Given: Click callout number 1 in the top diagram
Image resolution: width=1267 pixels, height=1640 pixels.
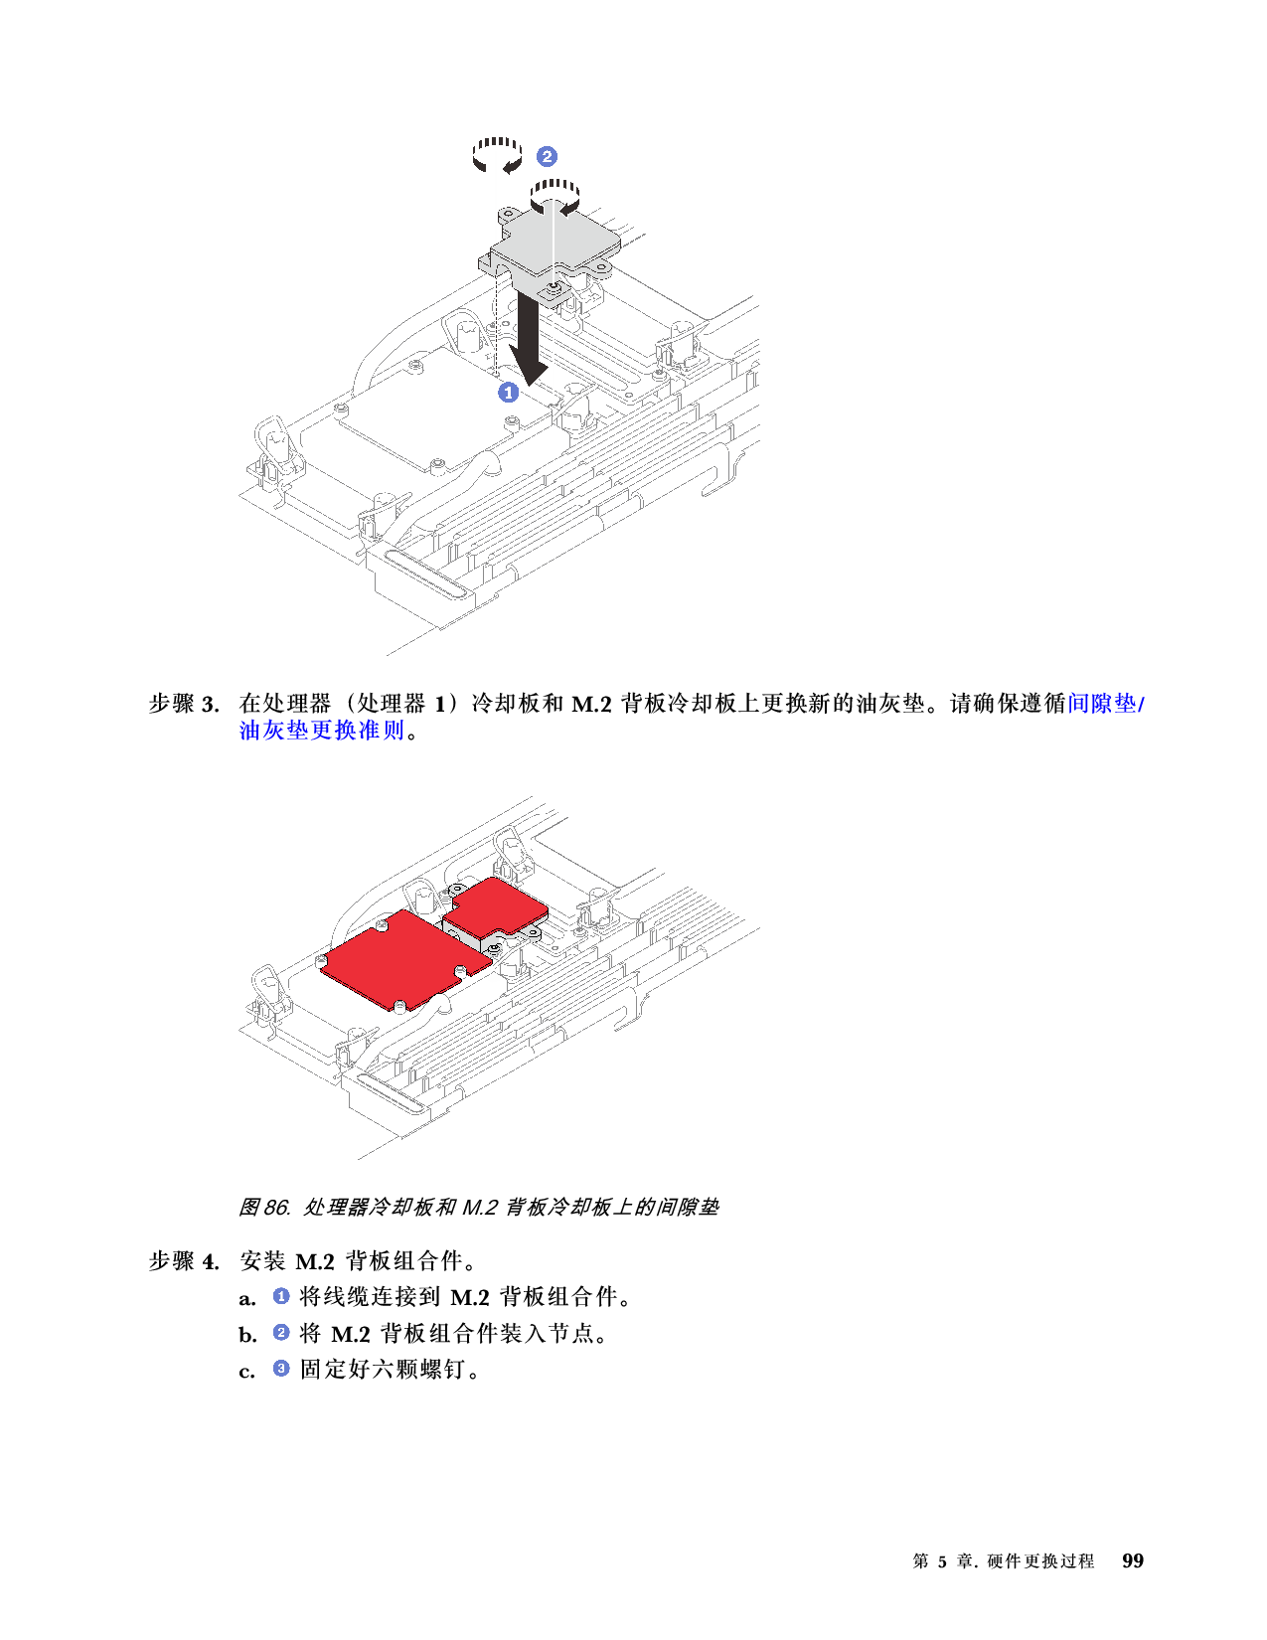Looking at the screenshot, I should pyautogui.click(x=508, y=393).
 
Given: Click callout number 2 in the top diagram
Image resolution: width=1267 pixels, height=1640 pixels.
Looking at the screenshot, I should pyautogui.click(x=547, y=156).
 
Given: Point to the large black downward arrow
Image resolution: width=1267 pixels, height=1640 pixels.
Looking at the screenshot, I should pyautogui.click(x=529, y=343).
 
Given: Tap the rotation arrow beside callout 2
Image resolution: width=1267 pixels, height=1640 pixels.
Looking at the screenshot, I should pyautogui.click(x=497, y=155).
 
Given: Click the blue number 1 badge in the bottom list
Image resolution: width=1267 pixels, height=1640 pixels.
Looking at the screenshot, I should pyautogui.click(x=281, y=1296).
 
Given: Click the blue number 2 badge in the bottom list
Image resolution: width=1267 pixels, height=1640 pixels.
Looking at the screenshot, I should pyautogui.click(x=281, y=1332).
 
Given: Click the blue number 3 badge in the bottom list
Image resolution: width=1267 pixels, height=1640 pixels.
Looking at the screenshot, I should pyautogui.click(x=281, y=1368).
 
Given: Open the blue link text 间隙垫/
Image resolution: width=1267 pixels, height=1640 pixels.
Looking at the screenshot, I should pyautogui.click(x=1105, y=704).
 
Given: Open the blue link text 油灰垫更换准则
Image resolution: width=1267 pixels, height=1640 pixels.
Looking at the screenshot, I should pyautogui.click(x=322, y=731).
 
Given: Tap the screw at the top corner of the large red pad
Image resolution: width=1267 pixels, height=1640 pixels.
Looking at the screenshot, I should pyautogui.click(x=382, y=926).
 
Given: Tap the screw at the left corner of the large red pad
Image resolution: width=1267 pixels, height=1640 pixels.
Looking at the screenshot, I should pyautogui.click(x=320, y=961).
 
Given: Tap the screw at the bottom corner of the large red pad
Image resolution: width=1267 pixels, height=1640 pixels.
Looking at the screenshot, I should pyautogui.click(x=397, y=1006).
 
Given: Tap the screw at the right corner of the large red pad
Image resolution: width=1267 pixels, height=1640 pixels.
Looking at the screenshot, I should pyautogui.click(x=460, y=970).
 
